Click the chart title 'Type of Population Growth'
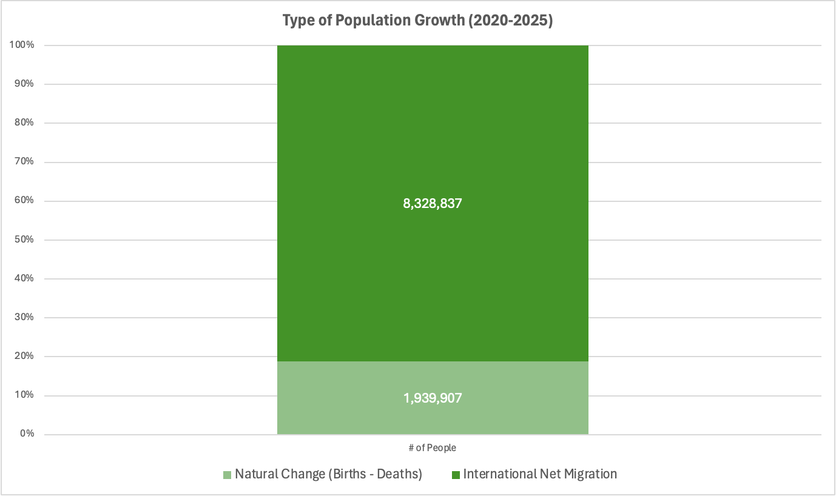click(x=374, y=20)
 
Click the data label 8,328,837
click(x=433, y=204)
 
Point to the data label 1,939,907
click(x=433, y=398)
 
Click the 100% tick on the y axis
click(x=21, y=45)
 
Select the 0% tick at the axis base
click(x=25, y=434)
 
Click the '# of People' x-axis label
click(x=432, y=448)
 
